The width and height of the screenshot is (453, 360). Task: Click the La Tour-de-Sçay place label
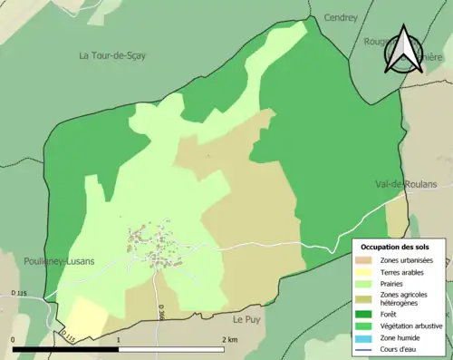coord(112,55)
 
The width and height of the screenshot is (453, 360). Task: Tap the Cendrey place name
coord(341,17)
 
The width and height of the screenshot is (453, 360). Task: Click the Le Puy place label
coord(246,319)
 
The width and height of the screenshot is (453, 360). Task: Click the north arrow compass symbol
coord(404,50)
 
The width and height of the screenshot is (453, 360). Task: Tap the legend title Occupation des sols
coord(396,247)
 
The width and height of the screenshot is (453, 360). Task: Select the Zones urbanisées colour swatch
coord(368,260)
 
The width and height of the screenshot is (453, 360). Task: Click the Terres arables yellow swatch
coord(368,272)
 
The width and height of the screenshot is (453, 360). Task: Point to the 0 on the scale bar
coord(14,338)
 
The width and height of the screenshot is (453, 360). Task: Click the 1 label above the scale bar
coord(119,338)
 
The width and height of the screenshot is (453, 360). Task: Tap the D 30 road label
coord(160,312)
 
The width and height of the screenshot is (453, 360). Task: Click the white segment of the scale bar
coord(171,349)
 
